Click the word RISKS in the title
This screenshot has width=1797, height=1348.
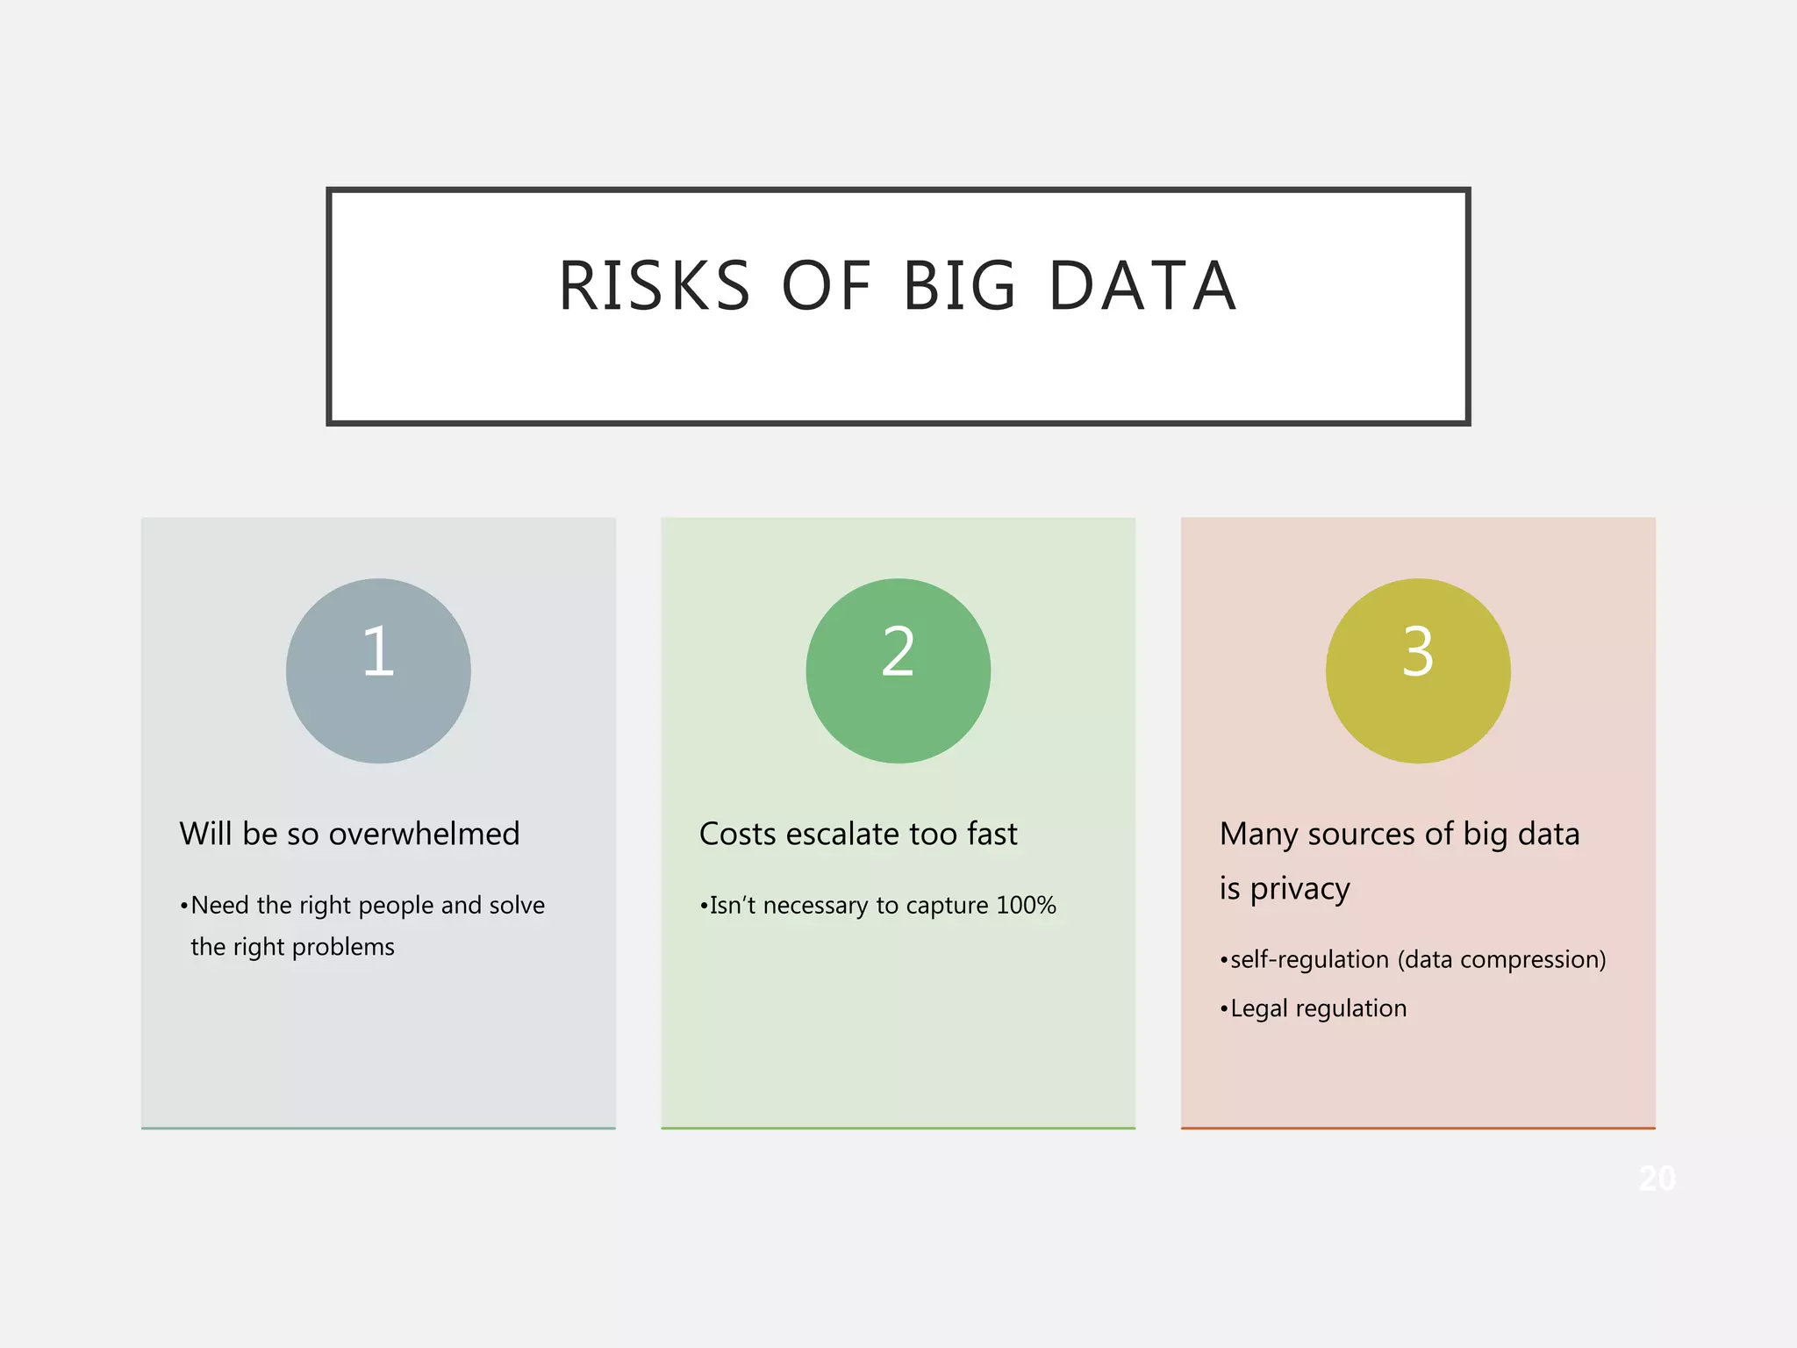(x=655, y=286)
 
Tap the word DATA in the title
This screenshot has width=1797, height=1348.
(x=1142, y=286)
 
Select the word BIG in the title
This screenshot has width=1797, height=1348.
(x=959, y=286)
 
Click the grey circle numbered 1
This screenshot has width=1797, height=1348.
(x=378, y=670)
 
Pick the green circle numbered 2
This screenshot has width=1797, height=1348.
(x=898, y=670)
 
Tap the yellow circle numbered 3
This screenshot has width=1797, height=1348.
(x=1418, y=670)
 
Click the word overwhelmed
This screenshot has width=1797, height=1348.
(x=424, y=834)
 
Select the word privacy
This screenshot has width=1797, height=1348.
(x=1299, y=889)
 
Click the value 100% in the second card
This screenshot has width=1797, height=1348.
(x=1026, y=905)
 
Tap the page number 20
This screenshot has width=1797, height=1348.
(x=1657, y=1179)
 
